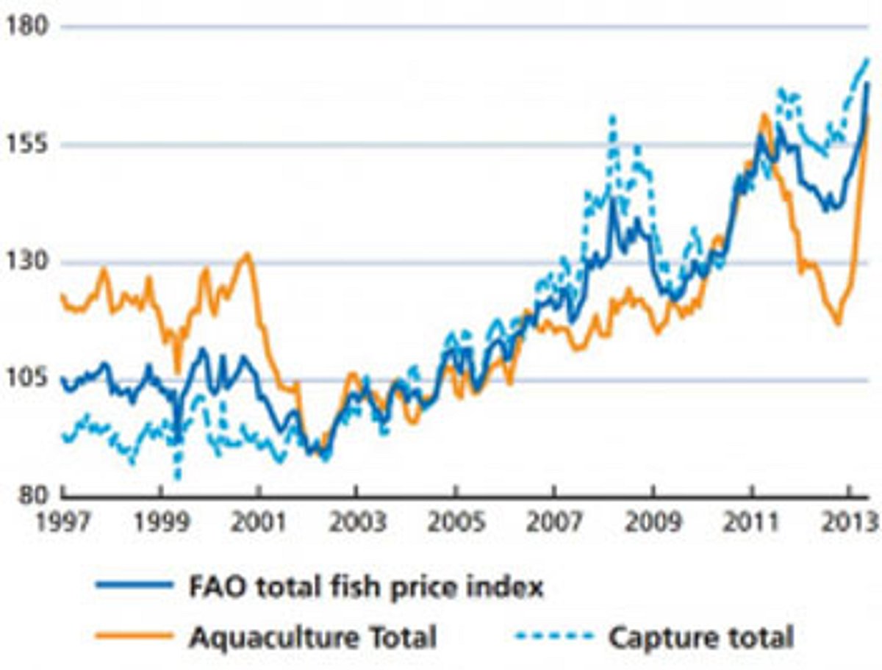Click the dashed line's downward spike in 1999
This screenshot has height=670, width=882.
[177, 478]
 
